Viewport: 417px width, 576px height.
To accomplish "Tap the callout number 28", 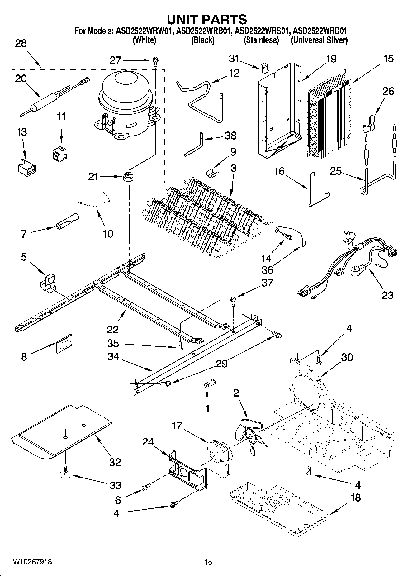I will [x=21, y=43].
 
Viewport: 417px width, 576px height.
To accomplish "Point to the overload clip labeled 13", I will [x=27, y=168].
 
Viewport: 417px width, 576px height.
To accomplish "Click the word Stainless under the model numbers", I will [x=261, y=40].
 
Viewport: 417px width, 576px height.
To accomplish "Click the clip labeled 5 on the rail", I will [x=48, y=283].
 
